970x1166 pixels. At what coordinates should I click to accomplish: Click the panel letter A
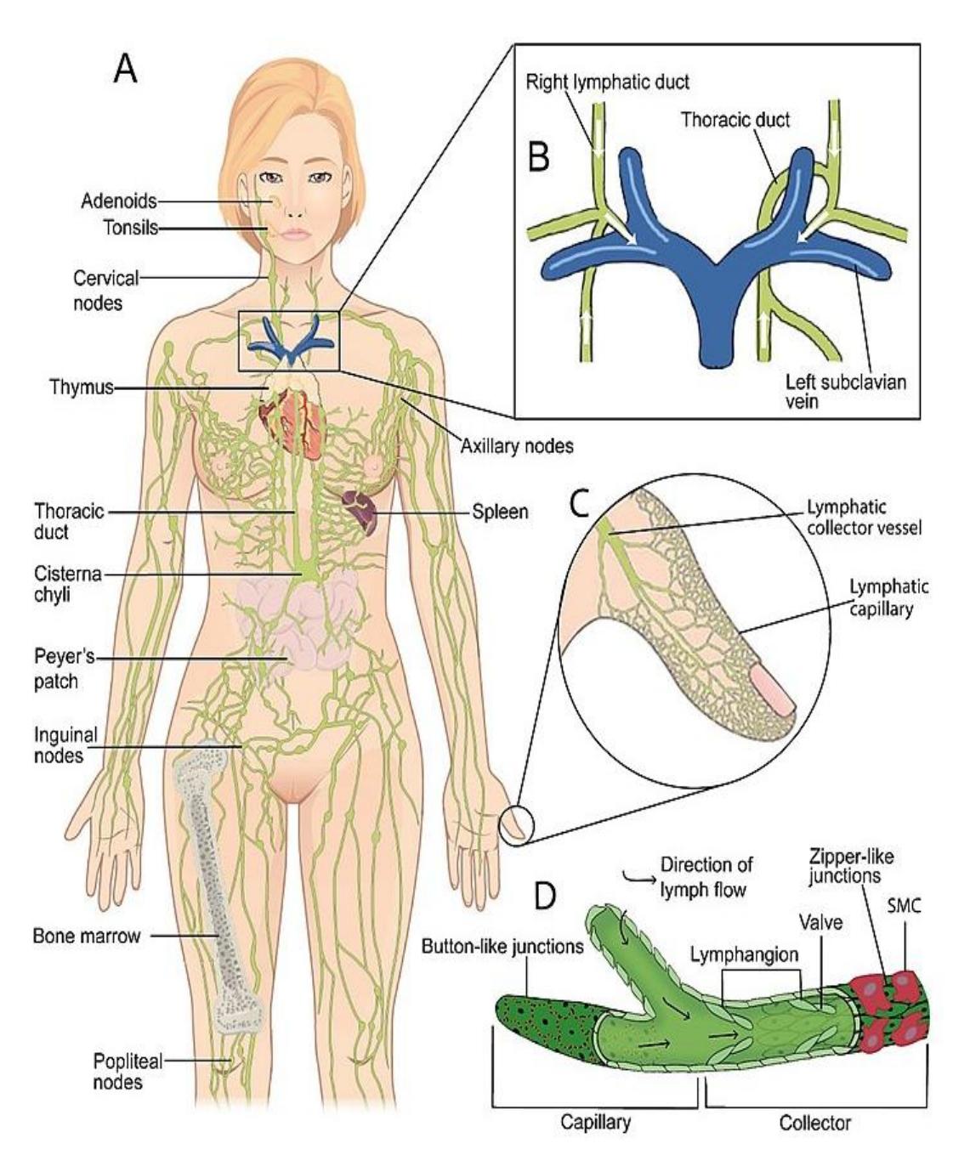(125, 70)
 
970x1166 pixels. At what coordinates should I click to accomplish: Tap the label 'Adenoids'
(118, 201)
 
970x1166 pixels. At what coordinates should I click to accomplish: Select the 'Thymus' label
(82, 387)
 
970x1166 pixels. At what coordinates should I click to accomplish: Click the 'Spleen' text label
(500, 512)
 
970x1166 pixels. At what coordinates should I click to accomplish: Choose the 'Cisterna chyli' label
(68, 584)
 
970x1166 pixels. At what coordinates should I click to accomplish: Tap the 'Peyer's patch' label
(65, 669)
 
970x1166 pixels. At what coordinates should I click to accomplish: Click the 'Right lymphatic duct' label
(607, 82)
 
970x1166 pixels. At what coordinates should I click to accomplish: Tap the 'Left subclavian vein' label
(846, 392)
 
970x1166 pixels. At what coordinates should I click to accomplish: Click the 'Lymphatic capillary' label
(889, 597)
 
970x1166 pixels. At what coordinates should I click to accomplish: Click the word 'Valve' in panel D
(820, 921)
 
